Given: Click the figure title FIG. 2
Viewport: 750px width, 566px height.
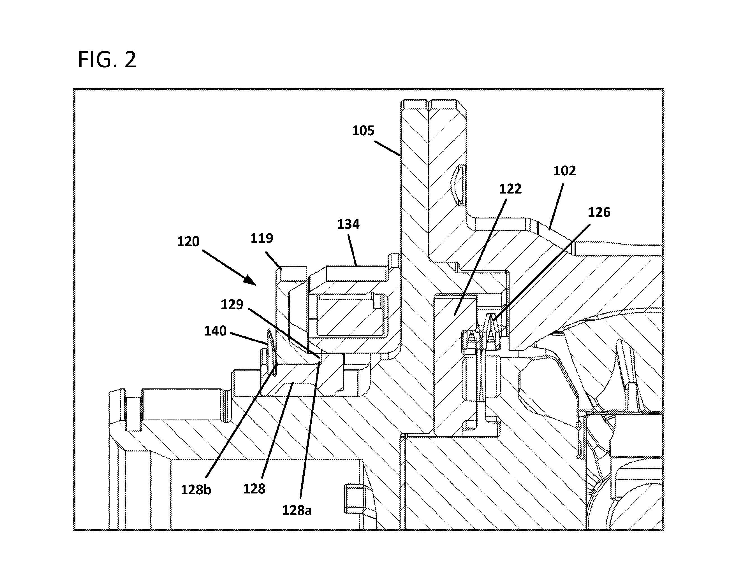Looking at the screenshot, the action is (107, 60).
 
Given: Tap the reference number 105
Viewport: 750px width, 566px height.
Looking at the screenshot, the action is (363, 131).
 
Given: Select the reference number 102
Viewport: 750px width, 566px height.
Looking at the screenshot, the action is (564, 171).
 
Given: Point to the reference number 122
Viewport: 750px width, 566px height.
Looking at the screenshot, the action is (510, 189).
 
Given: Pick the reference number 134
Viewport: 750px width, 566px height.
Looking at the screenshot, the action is (348, 224).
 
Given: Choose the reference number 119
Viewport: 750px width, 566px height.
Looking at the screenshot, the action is (262, 238).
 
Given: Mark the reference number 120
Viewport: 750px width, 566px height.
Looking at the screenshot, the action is (189, 242).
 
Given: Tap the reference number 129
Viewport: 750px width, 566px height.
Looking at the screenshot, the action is (232, 304).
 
